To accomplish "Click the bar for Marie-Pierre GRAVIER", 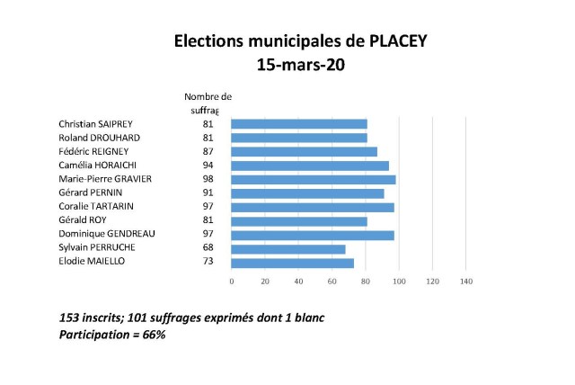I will (x=314, y=179).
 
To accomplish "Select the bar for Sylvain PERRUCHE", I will (x=288, y=248).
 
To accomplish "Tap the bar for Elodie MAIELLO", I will (x=292, y=262).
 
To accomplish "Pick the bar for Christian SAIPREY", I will (x=299, y=123).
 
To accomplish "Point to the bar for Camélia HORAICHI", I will (x=310, y=166).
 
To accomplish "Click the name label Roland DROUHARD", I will (x=99, y=138).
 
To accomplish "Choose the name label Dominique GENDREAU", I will (x=107, y=234).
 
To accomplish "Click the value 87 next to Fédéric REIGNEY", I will (x=208, y=151).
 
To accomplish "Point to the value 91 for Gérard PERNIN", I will (x=208, y=192).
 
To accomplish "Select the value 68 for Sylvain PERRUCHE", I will (x=208, y=248).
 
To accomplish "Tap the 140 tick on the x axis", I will (x=465, y=282).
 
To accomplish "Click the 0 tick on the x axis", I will (x=232, y=282).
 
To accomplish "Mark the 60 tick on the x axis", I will (x=332, y=282).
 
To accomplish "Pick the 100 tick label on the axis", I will (x=399, y=282).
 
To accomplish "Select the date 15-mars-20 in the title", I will (x=287, y=66).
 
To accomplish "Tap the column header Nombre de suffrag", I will (x=208, y=103).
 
